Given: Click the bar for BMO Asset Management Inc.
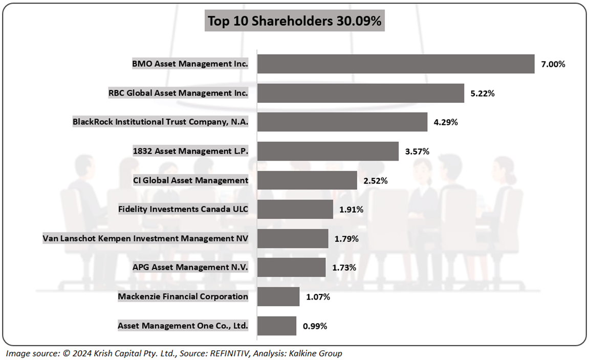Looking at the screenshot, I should [396, 64].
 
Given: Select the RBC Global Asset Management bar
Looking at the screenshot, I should [360, 93].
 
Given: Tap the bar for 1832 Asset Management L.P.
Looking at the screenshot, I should [328, 151].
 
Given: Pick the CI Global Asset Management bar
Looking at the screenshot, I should [307, 181].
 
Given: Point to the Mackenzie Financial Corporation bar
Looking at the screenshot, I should [278, 297].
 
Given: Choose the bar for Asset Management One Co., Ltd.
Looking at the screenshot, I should [276, 326].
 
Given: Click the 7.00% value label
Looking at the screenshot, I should [553, 64].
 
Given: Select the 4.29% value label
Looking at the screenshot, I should [446, 123].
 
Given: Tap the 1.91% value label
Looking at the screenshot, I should [352, 210].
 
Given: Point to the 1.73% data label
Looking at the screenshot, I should [344, 267].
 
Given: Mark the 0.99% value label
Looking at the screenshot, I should [315, 326].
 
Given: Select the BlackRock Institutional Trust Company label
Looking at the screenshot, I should [160, 122].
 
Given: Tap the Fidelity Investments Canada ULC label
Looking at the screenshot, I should [183, 209].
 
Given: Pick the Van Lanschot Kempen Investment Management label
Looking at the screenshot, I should [145, 238].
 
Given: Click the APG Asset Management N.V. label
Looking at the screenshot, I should [183, 267].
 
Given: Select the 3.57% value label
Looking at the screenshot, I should [417, 151].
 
